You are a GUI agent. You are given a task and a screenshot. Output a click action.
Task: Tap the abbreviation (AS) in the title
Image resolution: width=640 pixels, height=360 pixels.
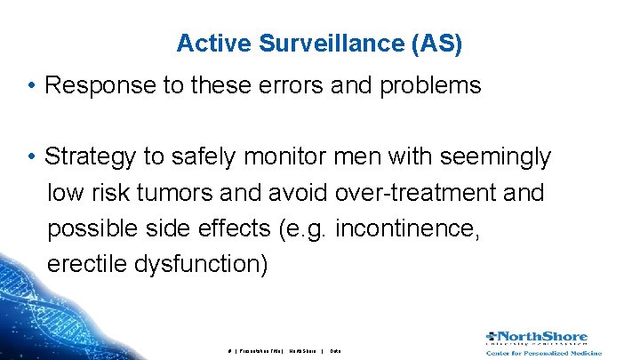[x=433, y=44]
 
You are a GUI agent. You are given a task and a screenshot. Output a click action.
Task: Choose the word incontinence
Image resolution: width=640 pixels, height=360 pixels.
[x=417, y=228]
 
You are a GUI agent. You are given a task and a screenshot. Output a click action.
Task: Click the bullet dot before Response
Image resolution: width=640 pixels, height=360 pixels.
[x=31, y=86]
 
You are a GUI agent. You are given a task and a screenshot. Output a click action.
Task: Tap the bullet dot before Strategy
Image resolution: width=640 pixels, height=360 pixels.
[x=31, y=157]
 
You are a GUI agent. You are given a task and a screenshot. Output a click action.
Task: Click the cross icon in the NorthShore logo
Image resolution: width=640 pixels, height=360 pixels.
[x=493, y=336]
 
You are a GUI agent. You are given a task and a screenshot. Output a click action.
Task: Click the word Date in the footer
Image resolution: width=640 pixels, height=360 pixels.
[x=335, y=351]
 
